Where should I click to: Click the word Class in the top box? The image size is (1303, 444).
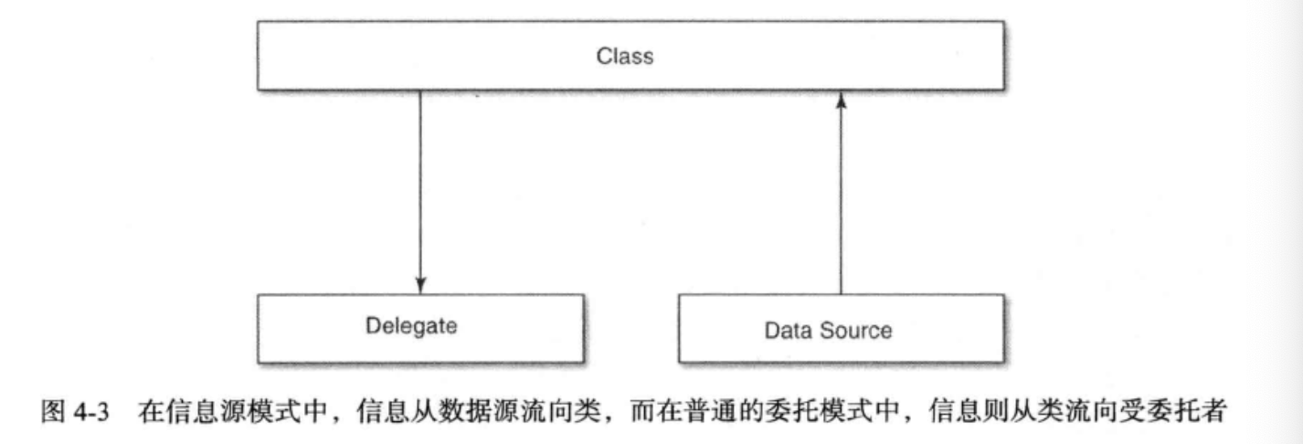625,56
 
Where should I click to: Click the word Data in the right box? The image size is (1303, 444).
788,330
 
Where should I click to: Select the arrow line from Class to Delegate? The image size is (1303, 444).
419,183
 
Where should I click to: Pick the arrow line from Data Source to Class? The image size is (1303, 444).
841,201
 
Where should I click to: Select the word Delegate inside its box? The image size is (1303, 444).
411,325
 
